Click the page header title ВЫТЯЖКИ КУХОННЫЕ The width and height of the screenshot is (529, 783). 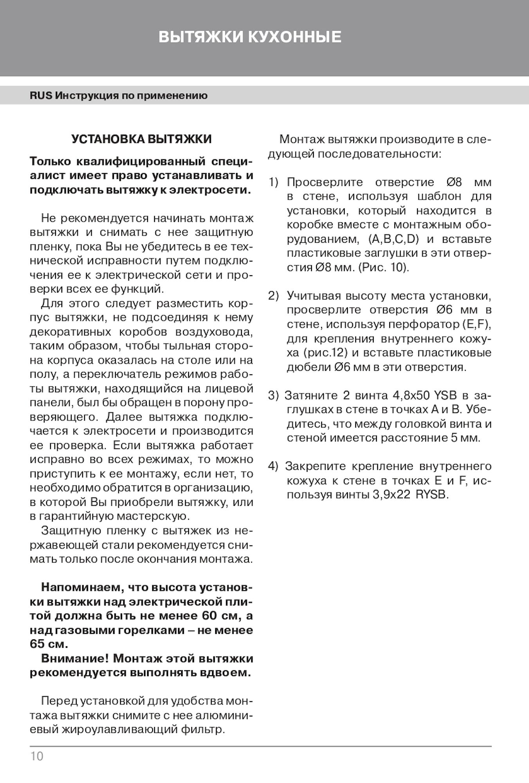250,37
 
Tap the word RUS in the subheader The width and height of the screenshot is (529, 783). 41,96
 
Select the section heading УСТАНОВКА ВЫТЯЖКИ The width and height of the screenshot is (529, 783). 142,139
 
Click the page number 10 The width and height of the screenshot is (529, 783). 37,756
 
